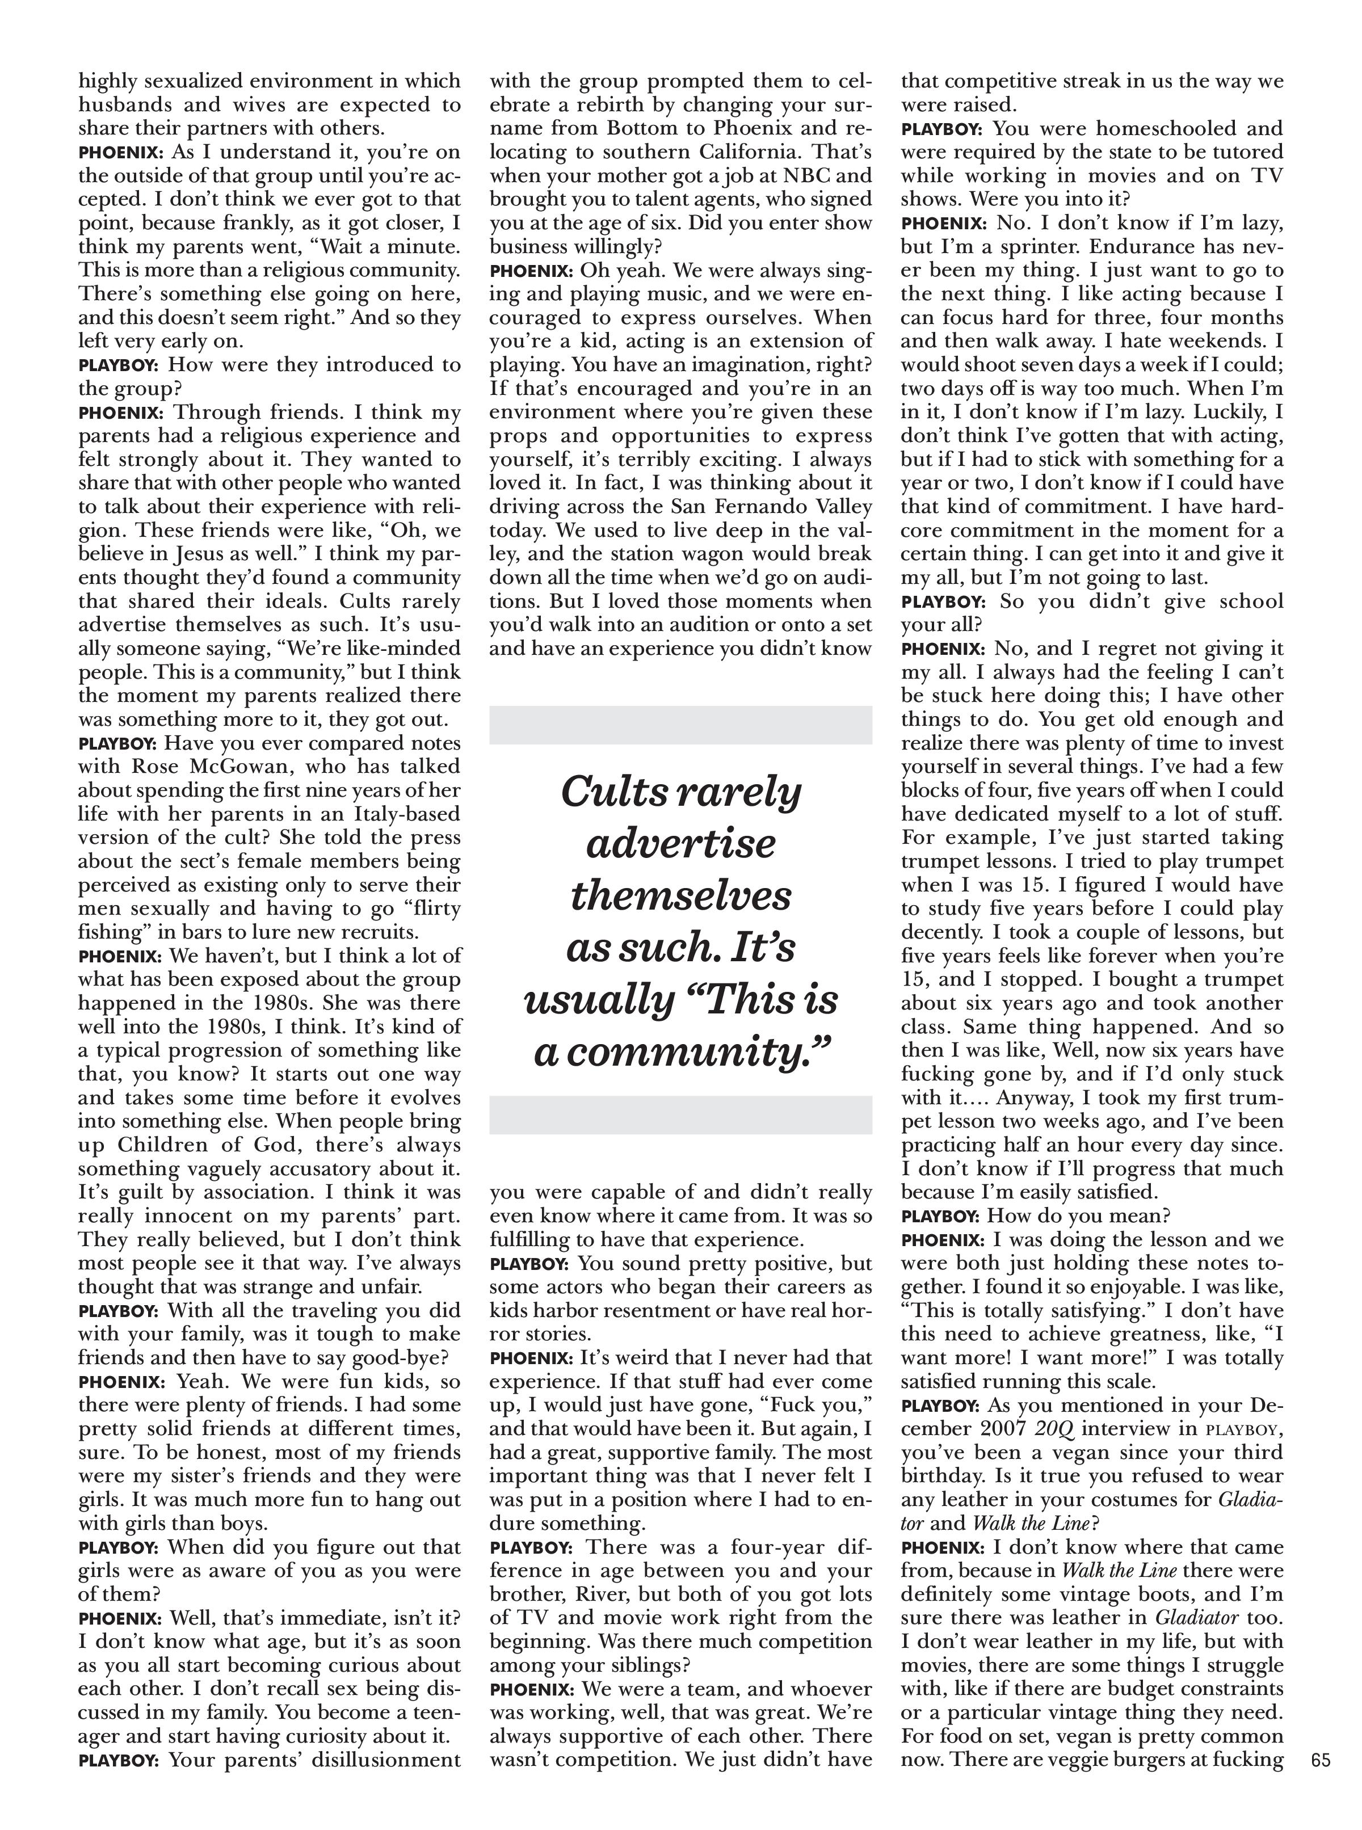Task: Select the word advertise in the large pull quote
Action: pos(680,843)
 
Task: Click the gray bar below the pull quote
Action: pos(680,1114)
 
